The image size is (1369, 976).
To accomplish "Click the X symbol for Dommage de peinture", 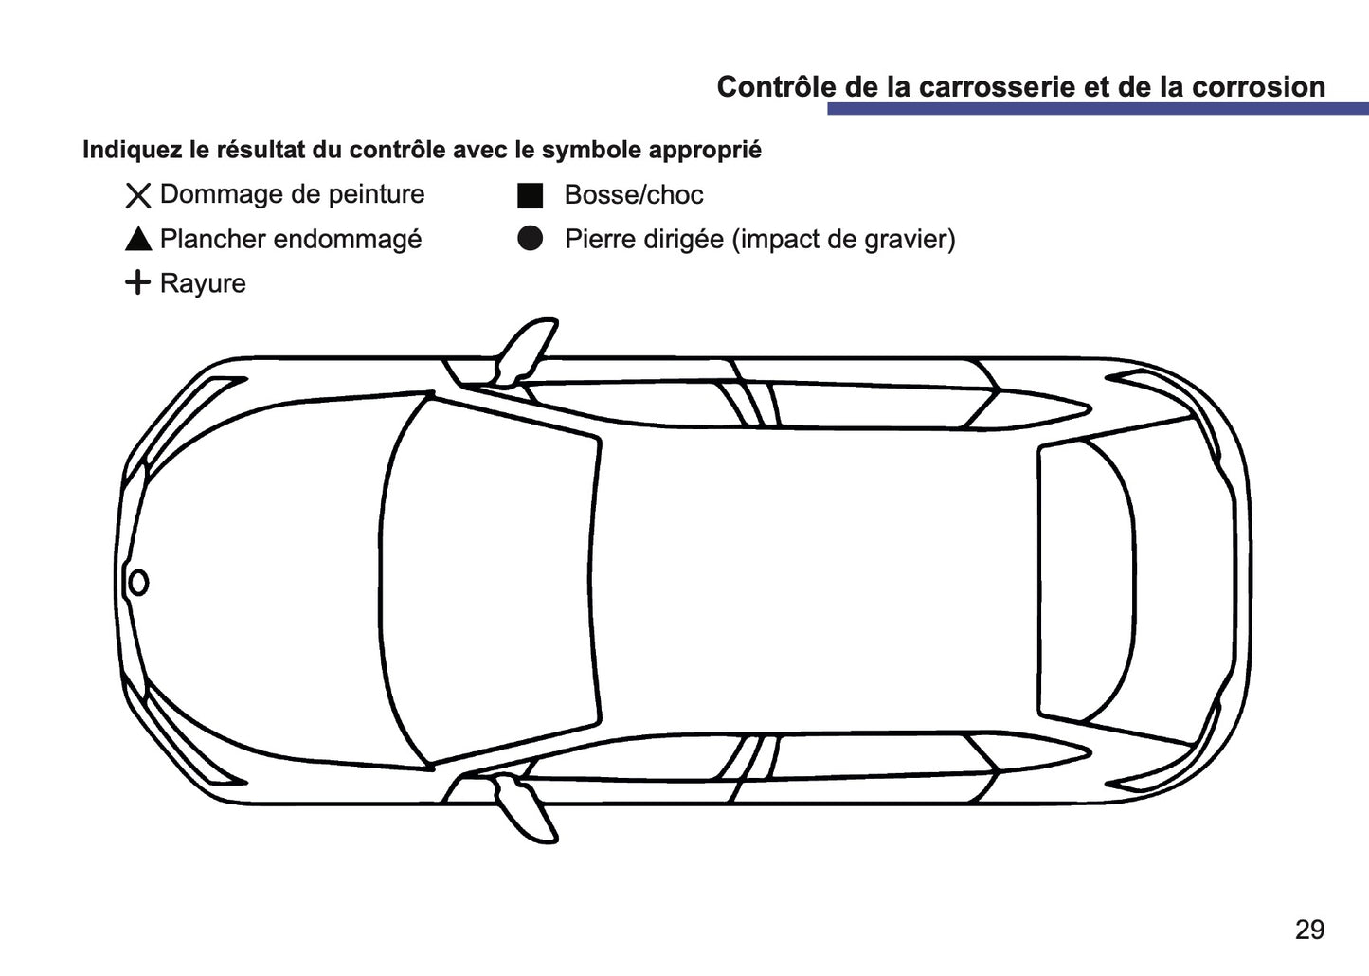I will click(x=138, y=196).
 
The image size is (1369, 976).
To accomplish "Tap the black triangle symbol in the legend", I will click(x=138, y=240).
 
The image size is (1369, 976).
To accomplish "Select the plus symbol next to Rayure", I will click(x=138, y=282).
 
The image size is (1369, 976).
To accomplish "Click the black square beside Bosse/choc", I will click(x=530, y=195).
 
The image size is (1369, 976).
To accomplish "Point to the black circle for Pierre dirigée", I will click(x=530, y=239).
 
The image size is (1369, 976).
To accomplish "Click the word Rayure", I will click(x=203, y=283).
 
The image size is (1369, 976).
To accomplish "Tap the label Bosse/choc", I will click(x=634, y=195).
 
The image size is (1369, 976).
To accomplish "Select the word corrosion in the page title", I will click(x=1258, y=87).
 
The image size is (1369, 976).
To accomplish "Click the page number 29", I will click(x=1309, y=930).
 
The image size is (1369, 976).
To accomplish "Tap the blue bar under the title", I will click(x=1097, y=109).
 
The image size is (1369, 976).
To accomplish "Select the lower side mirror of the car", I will click(x=527, y=810).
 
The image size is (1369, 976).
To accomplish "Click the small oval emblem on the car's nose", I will click(x=138, y=583).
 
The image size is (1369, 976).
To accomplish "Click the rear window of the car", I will click(x=1085, y=580).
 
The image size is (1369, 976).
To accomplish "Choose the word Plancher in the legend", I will click(x=214, y=240).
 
